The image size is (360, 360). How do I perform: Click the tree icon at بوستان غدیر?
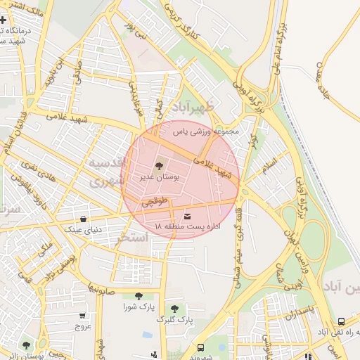(157, 167)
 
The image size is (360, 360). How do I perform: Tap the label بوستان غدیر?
(159, 178)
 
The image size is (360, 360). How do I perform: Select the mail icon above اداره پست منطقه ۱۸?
(187, 217)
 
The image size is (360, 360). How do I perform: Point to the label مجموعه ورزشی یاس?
(207, 131)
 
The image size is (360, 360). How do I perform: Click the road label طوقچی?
(155, 201)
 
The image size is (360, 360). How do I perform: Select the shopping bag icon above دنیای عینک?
(84, 219)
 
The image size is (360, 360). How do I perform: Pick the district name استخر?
(131, 238)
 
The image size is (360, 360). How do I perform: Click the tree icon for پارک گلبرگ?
(174, 309)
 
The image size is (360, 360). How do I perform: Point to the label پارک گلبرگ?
(174, 320)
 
